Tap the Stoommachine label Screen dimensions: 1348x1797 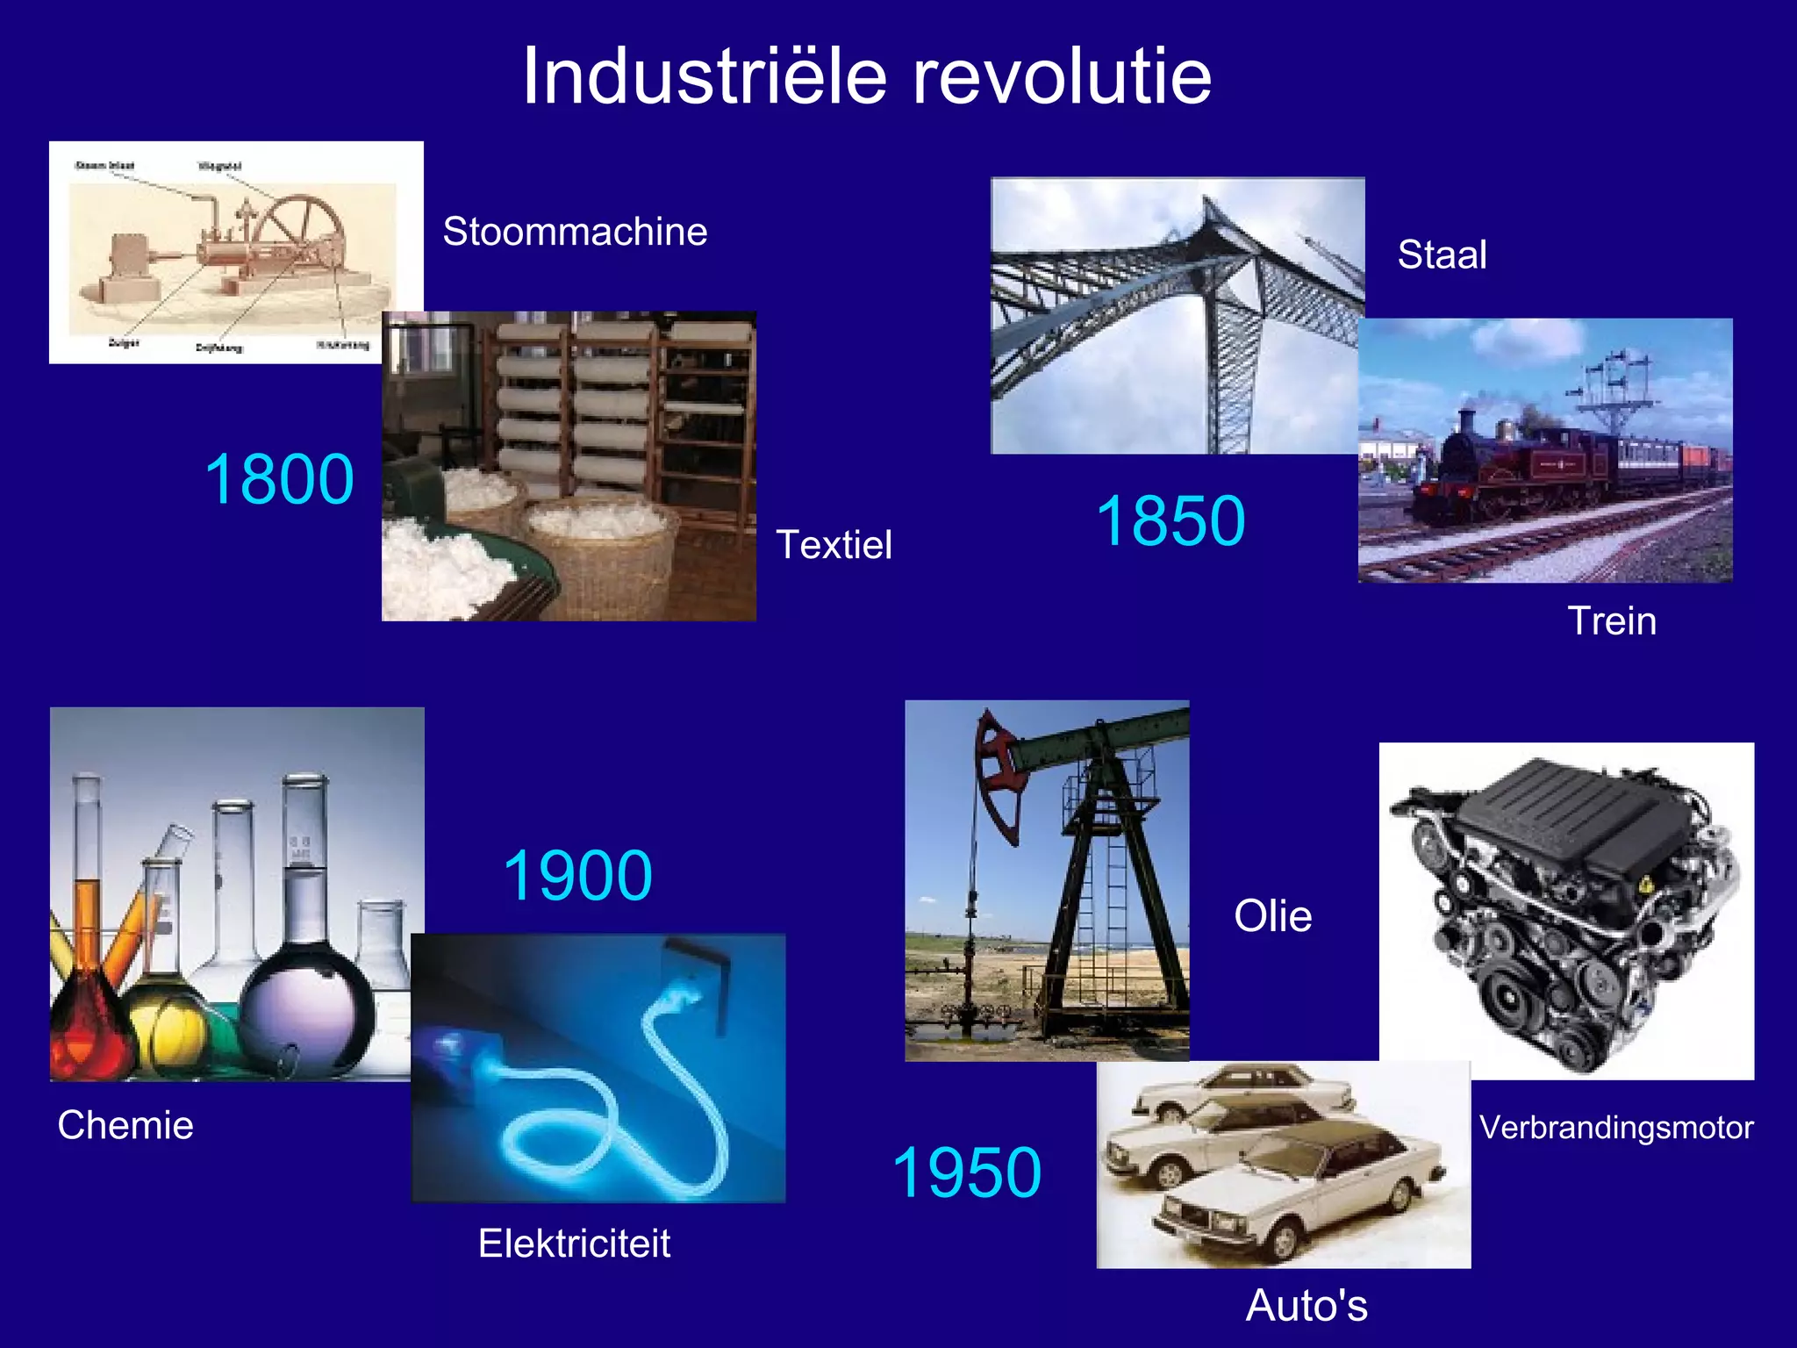[x=575, y=232]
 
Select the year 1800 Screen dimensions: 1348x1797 [x=279, y=479]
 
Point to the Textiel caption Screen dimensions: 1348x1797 [x=834, y=545]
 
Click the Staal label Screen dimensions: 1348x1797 [x=1442, y=255]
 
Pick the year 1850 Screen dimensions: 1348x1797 [x=1171, y=521]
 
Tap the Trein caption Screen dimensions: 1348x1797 [x=1612, y=621]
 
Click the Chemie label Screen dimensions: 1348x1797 [x=125, y=1125]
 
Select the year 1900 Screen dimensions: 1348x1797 [x=577, y=876]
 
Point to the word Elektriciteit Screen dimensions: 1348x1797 [x=574, y=1244]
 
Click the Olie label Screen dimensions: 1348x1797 [x=1272, y=916]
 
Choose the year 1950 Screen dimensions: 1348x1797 [x=967, y=1172]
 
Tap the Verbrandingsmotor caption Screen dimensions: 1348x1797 [x=1616, y=1128]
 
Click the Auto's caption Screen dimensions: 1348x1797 [x=1307, y=1305]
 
